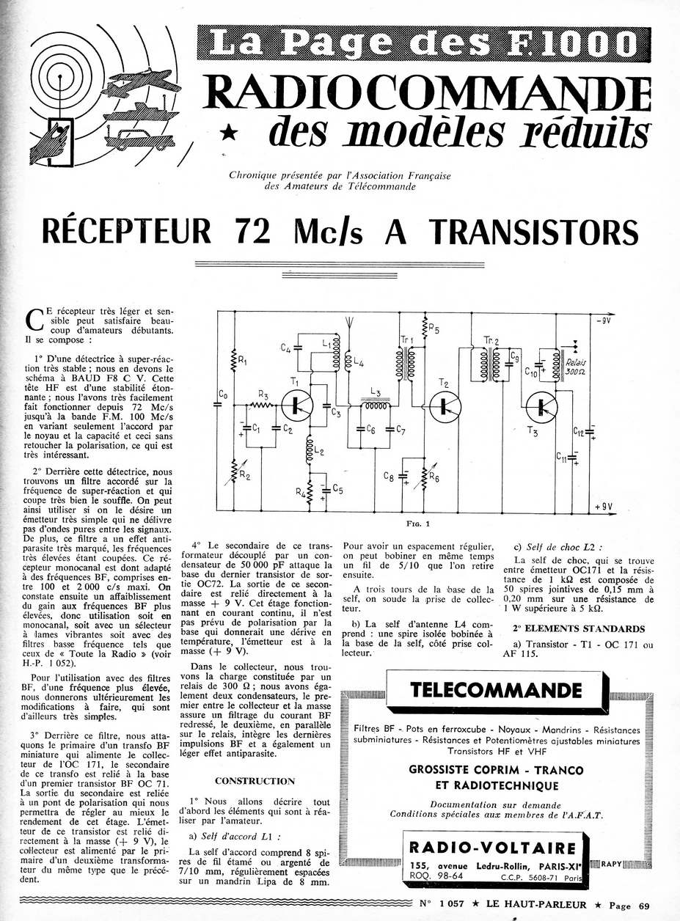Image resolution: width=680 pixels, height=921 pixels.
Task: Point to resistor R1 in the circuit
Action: point(233,359)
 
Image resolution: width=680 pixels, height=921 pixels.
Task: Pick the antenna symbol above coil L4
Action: point(349,324)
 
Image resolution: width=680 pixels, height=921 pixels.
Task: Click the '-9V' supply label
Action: point(606,320)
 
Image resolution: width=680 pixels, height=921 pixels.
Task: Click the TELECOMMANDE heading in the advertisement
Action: point(486,689)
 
